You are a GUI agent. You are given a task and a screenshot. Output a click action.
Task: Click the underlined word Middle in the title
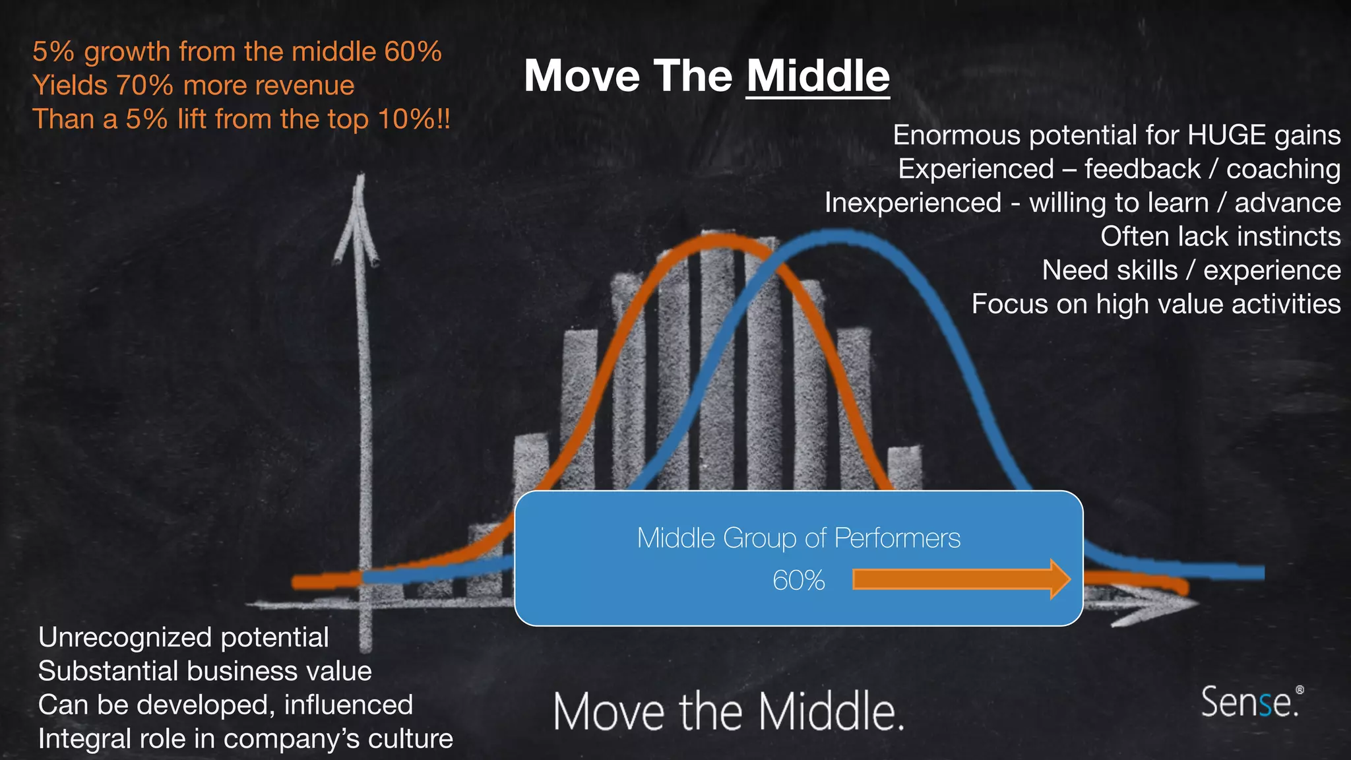coord(817,76)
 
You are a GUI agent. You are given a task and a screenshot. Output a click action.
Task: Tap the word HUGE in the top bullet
coord(1227,135)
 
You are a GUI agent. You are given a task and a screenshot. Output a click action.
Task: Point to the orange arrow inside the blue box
coord(960,579)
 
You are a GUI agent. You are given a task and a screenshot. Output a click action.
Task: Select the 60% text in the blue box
coord(798,581)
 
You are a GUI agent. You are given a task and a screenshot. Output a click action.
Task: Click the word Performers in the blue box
coord(897,538)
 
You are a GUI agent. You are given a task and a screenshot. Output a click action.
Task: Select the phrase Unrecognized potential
coord(183,637)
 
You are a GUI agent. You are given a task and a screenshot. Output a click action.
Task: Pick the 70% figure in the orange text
coord(144,86)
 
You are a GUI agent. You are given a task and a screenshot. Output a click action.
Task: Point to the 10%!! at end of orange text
coord(414,119)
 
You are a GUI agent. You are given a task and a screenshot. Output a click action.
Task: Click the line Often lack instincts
coord(1220,236)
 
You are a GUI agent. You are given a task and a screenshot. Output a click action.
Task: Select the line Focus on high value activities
coord(1156,304)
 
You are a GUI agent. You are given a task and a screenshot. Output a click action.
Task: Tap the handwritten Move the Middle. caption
coord(728,711)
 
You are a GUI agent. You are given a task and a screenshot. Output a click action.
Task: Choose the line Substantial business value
coord(204,671)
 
